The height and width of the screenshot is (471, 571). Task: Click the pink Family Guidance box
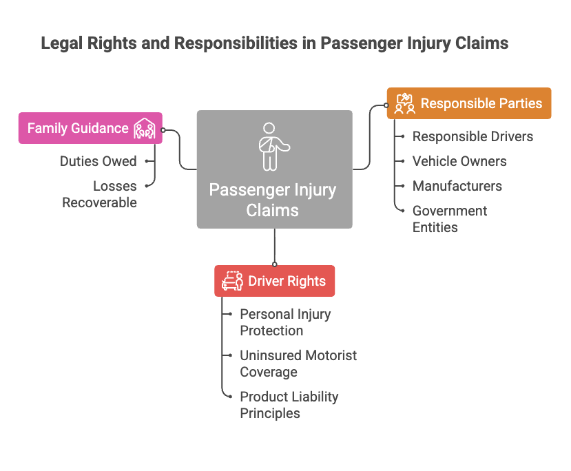click(90, 128)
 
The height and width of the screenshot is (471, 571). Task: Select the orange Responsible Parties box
click(469, 103)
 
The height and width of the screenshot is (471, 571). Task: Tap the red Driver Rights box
click(275, 281)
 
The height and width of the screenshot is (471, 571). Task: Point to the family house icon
click(145, 129)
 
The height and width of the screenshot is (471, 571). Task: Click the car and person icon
click(232, 281)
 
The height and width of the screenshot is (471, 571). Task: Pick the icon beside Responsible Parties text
click(405, 103)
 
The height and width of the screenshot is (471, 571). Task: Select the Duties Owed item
click(98, 161)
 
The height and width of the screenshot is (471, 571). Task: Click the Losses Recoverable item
click(99, 194)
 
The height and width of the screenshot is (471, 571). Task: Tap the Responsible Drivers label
click(473, 136)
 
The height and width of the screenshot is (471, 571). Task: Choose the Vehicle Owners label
click(459, 161)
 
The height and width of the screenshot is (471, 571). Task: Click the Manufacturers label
click(457, 186)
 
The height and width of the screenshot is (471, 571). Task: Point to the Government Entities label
click(450, 219)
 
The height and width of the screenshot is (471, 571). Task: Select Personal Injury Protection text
click(285, 322)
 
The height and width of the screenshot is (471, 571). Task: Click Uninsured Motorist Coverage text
click(299, 364)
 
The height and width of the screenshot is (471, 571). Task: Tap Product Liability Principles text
click(289, 405)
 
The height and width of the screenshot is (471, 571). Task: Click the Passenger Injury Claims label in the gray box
click(272, 200)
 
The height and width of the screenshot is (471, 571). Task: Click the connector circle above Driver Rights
click(275, 264)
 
